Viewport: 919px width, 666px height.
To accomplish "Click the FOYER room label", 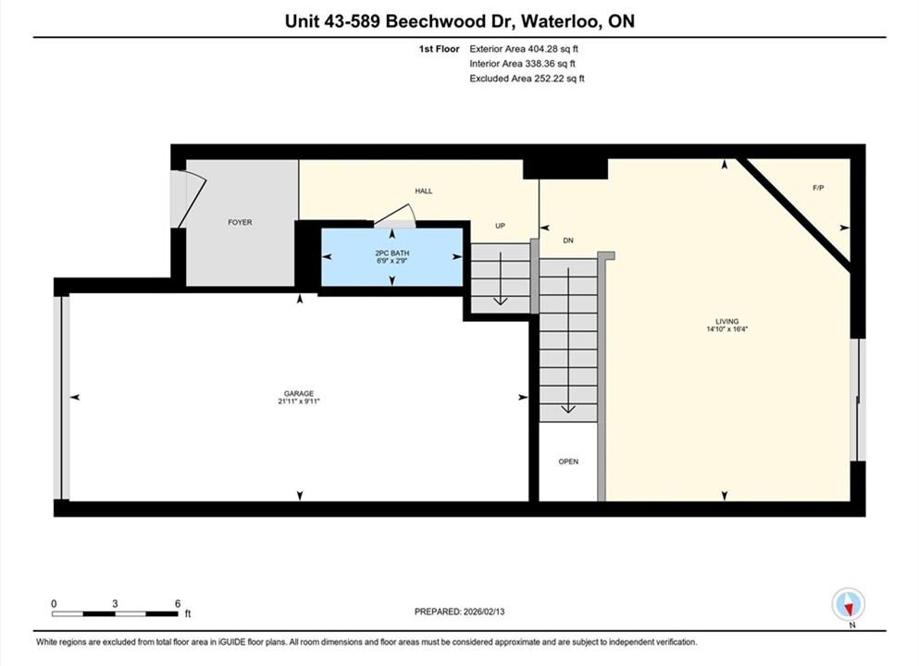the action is tap(240, 223).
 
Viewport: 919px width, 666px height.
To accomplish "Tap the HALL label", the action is tap(424, 191).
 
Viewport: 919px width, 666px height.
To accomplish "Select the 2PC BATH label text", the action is tap(392, 253).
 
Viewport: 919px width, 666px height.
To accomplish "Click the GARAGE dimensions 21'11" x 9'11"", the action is tap(299, 401).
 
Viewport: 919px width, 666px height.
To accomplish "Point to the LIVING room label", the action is tap(727, 322).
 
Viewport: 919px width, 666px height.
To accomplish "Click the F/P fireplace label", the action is tap(818, 188).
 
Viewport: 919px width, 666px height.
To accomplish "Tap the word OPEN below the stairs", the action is tap(568, 462).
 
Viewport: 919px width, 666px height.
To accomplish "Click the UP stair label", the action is tap(500, 226).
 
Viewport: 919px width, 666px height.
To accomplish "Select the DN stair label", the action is tap(568, 240).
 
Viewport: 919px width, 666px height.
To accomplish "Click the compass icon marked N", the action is tap(848, 605).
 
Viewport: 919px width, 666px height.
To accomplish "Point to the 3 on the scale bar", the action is tap(115, 603).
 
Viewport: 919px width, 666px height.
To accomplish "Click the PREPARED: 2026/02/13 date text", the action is tap(459, 611).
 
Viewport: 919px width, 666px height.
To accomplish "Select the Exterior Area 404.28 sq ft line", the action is tap(524, 49).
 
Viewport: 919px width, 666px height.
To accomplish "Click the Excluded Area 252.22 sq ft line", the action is tap(527, 79).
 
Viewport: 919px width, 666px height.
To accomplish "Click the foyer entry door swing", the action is tap(192, 199).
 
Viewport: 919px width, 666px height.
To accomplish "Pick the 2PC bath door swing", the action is tap(395, 215).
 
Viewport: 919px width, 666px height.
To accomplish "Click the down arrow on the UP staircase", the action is tap(500, 278).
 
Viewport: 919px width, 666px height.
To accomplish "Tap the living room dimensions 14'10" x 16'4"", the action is tap(727, 329).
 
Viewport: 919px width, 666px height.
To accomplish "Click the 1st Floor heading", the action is tap(439, 49).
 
